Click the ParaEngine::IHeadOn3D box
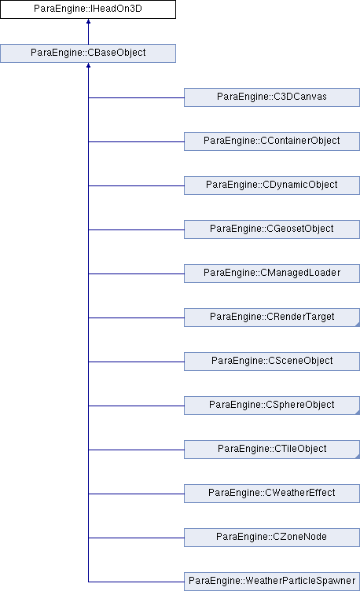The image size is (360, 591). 88,9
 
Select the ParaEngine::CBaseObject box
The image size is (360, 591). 88,53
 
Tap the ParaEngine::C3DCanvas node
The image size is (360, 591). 272,97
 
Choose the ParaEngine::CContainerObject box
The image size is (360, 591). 272,141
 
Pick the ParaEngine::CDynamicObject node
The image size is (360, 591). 272,185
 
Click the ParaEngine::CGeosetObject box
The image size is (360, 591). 272,229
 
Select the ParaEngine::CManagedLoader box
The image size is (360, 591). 272,273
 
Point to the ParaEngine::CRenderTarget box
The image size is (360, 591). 272,318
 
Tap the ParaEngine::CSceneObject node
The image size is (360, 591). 272,362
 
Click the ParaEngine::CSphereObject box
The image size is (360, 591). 272,406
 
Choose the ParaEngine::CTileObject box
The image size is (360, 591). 272,450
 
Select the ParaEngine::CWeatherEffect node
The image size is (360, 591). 272,494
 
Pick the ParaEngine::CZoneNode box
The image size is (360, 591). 272,538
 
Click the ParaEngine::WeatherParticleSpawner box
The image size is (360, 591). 272,582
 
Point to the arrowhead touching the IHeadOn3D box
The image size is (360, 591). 88,21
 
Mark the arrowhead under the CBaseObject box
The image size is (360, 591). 88,65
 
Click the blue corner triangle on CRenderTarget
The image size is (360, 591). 358,324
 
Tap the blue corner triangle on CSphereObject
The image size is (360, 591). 358,413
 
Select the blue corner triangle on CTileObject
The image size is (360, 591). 358,457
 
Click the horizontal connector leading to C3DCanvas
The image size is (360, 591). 136,97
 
